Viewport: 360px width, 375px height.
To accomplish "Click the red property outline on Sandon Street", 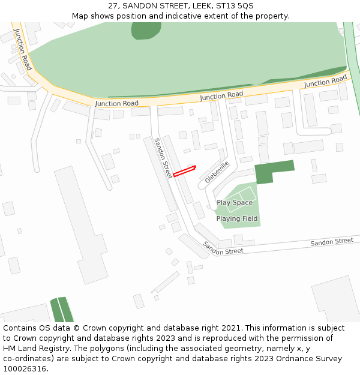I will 184,171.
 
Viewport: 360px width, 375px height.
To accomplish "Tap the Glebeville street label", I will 217,172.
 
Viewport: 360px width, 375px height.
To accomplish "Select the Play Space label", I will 235,203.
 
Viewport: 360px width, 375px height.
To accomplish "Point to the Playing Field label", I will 237,219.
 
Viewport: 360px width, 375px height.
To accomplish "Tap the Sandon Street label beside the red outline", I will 163,158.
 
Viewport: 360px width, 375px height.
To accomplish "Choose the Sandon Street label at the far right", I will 332,241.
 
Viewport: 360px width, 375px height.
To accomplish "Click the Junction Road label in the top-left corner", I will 23,49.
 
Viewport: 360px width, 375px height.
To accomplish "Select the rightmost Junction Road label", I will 326,81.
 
